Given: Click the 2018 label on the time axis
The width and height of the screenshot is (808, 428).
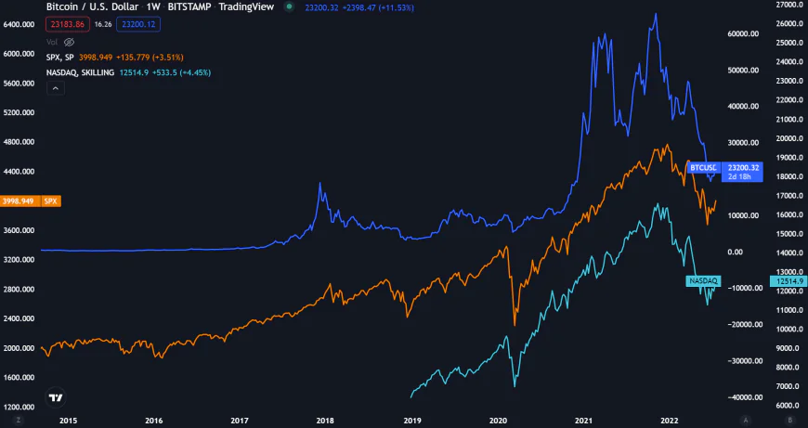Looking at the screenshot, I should pos(325,420).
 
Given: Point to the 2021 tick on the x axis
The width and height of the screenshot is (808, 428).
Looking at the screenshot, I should pos(585,420).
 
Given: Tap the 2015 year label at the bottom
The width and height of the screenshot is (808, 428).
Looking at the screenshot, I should pos(67,420).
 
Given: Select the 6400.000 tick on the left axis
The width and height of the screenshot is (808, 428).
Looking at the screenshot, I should pos(20,24).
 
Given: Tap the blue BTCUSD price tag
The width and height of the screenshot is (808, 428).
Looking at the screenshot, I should pos(702,167).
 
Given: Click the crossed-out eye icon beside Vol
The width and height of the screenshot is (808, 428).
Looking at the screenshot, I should pos(70,43).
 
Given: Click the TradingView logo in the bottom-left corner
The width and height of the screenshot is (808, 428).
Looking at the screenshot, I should pos(56,397).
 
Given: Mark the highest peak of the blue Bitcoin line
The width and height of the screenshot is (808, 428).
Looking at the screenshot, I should pos(656,14).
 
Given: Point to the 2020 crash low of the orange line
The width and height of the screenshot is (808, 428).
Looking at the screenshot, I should pos(514,324).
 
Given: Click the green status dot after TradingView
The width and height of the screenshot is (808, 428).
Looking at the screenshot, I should pos(292,7).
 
